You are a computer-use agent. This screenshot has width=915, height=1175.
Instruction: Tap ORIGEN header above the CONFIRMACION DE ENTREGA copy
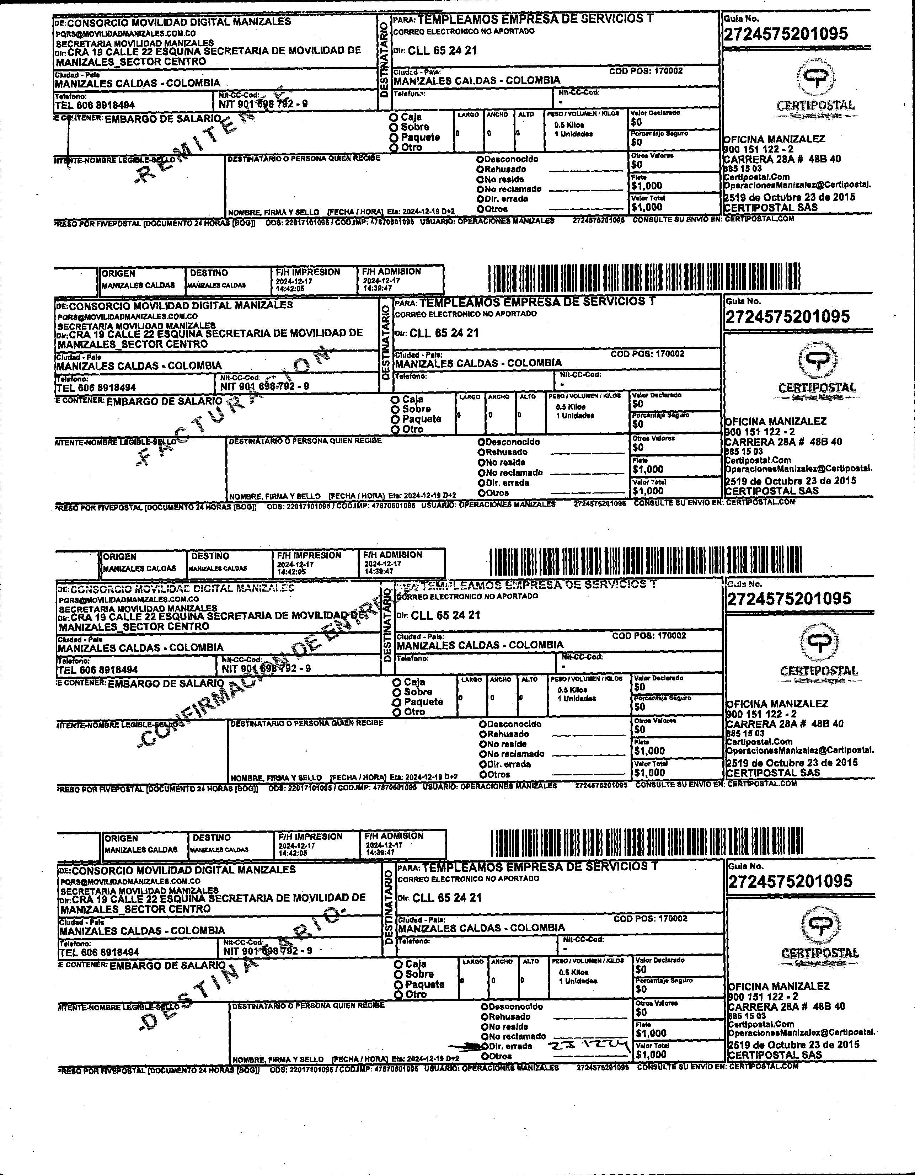click(119, 557)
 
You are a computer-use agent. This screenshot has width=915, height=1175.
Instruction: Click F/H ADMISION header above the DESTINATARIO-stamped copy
click(394, 836)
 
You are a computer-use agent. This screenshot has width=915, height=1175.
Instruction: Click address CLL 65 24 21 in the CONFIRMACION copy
click(445, 615)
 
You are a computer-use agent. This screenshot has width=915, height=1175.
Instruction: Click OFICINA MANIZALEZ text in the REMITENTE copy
click(774, 139)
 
